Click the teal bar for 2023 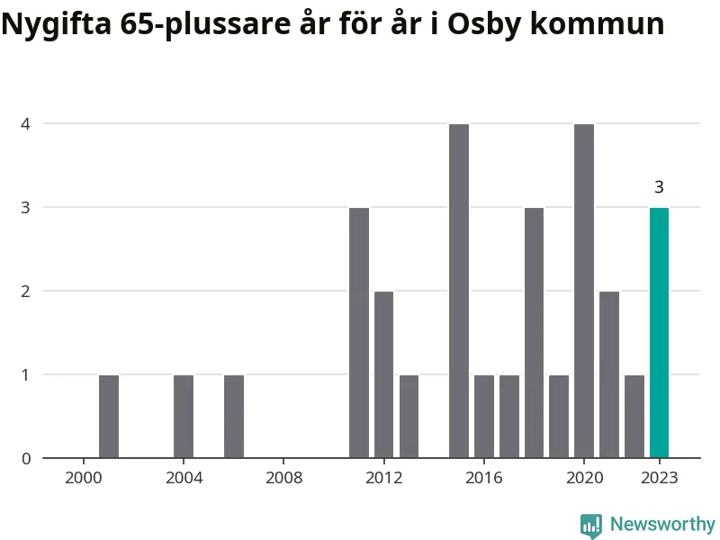coord(659,333)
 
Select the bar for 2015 coord(459,291)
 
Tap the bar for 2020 coord(584,291)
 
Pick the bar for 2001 coord(109,417)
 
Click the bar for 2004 coord(184,417)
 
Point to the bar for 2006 coord(234,417)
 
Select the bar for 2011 coord(359,333)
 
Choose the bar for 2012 coord(384,374)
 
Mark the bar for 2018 coord(534,333)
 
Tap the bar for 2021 coord(609,374)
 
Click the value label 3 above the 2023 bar coord(659,187)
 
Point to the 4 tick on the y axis coord(26,123)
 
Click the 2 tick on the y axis coord(26,291)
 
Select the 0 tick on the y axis coord(26,458)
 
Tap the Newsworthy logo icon coord(591,526)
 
